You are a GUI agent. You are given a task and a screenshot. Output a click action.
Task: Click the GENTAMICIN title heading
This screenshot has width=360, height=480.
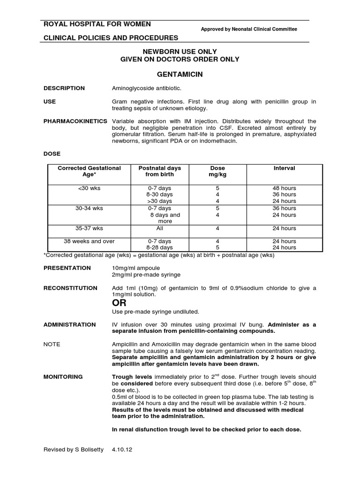click(x=180, y=75)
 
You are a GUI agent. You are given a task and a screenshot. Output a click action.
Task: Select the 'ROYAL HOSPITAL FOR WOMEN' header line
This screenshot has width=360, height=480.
click(x=97, y=24)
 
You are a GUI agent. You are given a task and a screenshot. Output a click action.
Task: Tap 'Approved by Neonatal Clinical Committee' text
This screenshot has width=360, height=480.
click(x=249, y=29)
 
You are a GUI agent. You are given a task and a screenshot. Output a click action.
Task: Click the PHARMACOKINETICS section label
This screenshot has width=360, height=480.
click(x=75, y=121)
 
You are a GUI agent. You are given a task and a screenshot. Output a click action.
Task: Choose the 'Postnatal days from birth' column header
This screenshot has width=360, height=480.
click(x=160, y=171)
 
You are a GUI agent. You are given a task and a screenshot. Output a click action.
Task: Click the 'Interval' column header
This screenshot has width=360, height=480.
click(x=284, y=168)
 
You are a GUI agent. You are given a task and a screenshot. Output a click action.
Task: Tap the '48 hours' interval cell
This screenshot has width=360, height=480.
click(x=284, y=188)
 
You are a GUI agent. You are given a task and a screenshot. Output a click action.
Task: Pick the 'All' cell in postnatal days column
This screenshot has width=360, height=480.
click(x=160, y=228)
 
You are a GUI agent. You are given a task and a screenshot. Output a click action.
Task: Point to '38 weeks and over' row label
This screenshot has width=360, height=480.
click(x=89, y=241)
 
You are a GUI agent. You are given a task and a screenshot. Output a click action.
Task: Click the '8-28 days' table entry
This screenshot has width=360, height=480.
click(x=160, y=247)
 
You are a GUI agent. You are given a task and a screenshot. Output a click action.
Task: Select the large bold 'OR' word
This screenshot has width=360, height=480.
click(x=119, y=303)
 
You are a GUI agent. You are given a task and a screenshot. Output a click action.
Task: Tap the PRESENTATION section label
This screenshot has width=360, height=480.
click(x=67, y=268)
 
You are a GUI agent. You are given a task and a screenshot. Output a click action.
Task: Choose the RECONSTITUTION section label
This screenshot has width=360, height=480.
click(x=70, y=288)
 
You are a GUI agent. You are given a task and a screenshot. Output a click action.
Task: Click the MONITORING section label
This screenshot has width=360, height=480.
click(x=63, y=376)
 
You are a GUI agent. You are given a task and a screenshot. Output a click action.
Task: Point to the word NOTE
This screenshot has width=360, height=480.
click(x=52, y=344)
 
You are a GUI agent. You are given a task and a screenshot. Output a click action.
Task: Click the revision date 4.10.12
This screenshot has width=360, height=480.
click(x=122, y=449)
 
